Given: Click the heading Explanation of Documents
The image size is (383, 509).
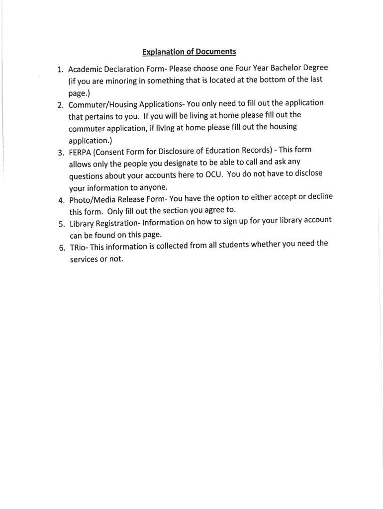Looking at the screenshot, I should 189,51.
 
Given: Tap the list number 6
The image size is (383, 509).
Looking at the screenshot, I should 61,248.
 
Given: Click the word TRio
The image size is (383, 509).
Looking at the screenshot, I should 77,247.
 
